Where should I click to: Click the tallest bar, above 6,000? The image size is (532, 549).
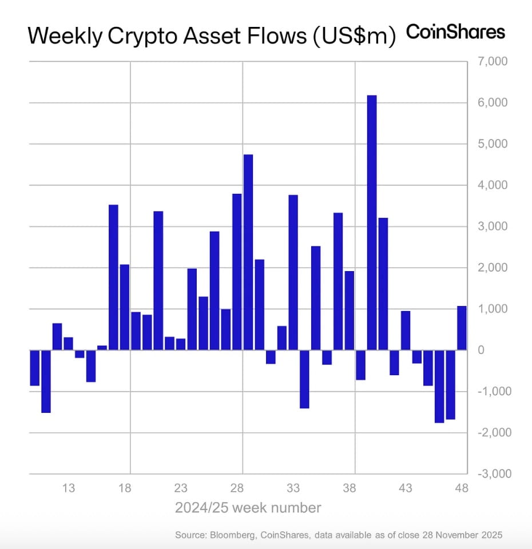(372, 222)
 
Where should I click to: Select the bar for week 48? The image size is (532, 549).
(462, 328)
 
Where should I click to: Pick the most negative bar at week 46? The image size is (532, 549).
(439, 386)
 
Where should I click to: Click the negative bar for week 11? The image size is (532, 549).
(46, 381)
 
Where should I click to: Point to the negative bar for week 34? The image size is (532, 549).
(304, 379)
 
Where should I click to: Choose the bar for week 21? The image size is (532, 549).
(158, 281)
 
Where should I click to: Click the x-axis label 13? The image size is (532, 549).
(69, 488)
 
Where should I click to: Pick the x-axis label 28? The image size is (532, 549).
(237, 488)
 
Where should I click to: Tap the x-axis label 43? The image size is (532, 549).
(406, 488)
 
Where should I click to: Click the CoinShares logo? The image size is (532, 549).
(455, 32)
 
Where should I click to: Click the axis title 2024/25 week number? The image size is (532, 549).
(248, 507)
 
